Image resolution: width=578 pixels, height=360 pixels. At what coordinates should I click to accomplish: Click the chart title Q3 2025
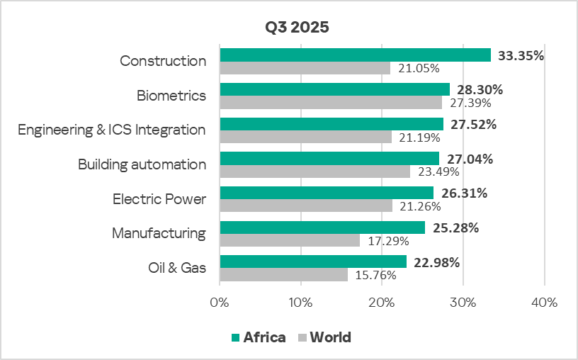pos(297,28)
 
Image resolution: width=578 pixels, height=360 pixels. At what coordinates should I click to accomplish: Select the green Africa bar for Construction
pos(355,55)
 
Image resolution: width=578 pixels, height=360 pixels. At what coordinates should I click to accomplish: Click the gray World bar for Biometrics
pos(331,103)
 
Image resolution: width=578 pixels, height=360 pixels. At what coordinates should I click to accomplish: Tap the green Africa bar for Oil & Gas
pos(313,262)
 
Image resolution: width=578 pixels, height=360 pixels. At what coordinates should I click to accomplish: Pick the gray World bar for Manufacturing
pos(290,241)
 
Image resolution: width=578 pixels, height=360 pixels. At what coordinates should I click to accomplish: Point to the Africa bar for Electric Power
pos(327,193)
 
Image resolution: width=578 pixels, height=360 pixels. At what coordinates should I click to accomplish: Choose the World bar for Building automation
pos(314,171)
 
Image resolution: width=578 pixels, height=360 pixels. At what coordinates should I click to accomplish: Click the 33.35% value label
pos(520,55)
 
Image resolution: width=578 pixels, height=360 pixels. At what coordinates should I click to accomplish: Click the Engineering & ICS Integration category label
pos(112,130)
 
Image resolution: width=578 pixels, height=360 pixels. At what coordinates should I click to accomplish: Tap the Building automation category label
pos(142,164)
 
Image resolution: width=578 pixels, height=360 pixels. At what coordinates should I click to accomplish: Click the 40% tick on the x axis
pos(544,302)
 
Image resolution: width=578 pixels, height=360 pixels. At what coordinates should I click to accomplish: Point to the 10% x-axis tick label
pos(301,302)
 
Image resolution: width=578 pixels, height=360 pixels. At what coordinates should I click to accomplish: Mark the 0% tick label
pos(220,302)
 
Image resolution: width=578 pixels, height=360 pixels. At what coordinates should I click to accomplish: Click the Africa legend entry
pos(259,337)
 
